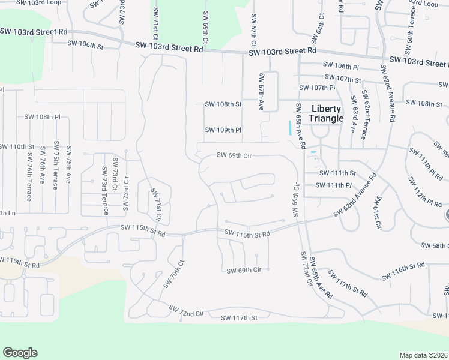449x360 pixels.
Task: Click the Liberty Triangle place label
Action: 327,113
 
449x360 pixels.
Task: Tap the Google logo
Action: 20,353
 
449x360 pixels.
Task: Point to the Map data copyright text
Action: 423,355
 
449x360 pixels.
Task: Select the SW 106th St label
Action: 85,44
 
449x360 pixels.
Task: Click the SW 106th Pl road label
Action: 340,65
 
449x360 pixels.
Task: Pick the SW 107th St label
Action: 342,79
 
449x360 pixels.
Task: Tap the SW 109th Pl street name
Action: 223,130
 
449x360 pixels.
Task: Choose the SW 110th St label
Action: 17,146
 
